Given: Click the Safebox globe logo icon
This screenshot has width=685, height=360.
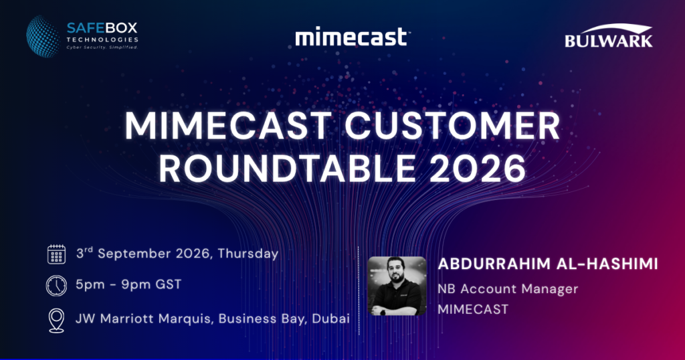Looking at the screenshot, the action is point(43,37).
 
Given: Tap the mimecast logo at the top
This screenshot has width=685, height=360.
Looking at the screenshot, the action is point(352,37).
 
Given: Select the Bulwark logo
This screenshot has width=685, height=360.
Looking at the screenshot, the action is point(609,35).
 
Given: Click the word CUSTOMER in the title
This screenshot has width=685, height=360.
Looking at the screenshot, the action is point(452,126).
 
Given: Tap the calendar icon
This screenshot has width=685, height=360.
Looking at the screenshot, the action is point(56,254).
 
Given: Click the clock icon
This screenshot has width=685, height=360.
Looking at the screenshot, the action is point(56,286).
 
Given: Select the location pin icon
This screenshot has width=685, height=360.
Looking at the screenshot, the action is point(57,321).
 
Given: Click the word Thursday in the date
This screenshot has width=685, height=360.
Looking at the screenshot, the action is point(248,254).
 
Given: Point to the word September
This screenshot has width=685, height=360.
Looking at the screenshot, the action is point(134,254).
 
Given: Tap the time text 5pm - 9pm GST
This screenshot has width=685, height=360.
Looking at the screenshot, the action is point(128,285).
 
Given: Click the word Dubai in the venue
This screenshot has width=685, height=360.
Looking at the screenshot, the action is point(330,319).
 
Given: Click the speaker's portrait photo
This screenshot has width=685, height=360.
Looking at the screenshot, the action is point(397,286).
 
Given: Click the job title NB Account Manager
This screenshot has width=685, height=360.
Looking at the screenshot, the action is point(508,289).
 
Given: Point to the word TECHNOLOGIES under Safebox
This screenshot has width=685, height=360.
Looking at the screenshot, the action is point(102,39).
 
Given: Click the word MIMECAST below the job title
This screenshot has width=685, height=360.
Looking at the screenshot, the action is point(473,309).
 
